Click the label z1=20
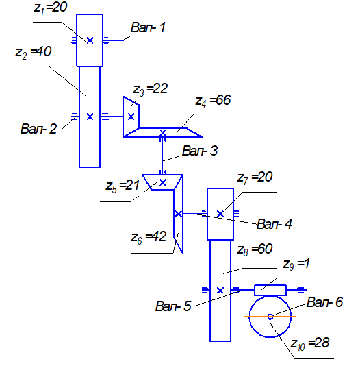[x=51, y=8]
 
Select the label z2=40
[x=34, y=52]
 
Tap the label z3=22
[x=151, y=90]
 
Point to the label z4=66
[x=213, y=101]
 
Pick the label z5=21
[x=123, y=186]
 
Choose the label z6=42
[x=149, y=237]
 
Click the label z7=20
[x=255, y=178]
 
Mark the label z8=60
[x=255, y=249]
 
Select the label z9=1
[x=296, y=265]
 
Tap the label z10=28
[x=310, y=344]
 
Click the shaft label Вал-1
[x=148, y=27]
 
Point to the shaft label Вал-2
[x=39, y=129]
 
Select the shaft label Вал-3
[x=200, y=151]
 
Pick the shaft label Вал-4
[x=274, y=224]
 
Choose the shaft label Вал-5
[x=173, y=306]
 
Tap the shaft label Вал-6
[x=325, y=302]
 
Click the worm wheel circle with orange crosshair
[x=249, y=317]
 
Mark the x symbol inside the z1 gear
[x=90, y=40]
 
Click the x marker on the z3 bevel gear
[x=131, y=116]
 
